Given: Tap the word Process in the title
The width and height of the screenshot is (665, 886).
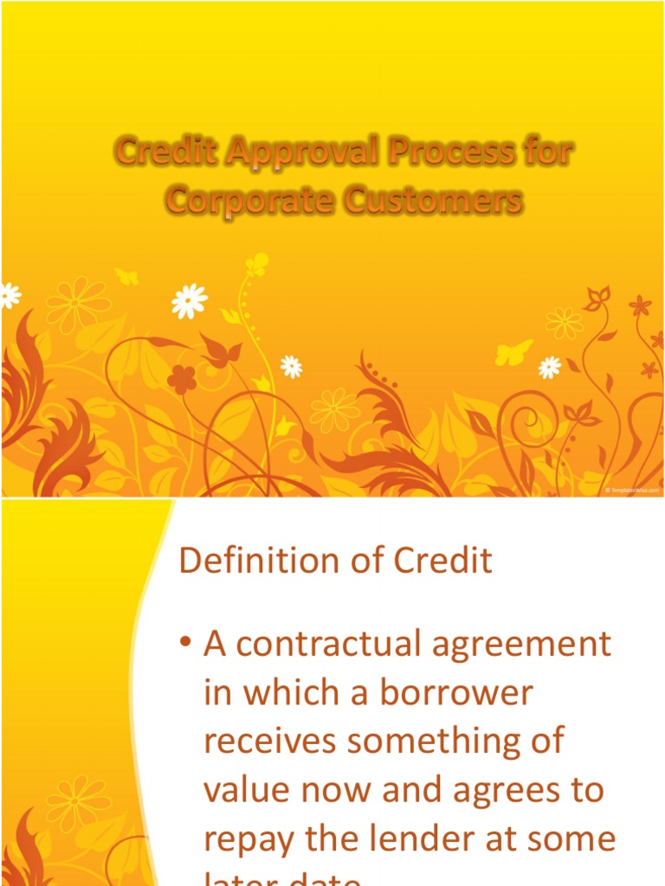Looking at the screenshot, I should point(438,154).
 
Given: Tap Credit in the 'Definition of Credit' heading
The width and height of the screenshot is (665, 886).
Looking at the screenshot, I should point(444,562).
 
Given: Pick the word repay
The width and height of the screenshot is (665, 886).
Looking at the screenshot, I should point(245,840).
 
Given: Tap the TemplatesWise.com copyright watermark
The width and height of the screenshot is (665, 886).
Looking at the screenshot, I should point(632,491).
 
